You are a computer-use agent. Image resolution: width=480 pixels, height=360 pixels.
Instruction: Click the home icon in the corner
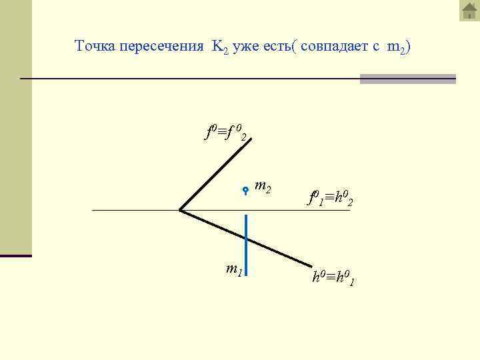(x=469, y=11)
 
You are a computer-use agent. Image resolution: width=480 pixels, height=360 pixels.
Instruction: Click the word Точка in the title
(x=95, y=46)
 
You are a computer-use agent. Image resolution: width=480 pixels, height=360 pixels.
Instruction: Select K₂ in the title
(x=220, y=47)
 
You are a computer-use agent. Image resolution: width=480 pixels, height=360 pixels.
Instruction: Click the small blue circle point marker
(x=246, y=190)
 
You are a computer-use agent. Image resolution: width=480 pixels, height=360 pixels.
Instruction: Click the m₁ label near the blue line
(x=233, y=270)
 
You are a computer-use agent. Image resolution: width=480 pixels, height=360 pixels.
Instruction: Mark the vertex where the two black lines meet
(x=180, y=210)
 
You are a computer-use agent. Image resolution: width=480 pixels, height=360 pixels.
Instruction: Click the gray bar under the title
(x=407, y=79)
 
